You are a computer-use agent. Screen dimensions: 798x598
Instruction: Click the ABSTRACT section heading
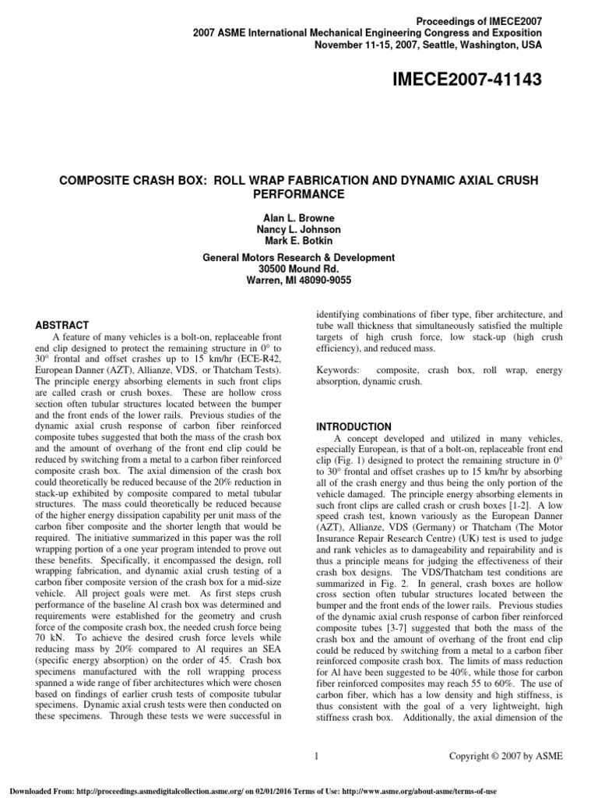[64, 325]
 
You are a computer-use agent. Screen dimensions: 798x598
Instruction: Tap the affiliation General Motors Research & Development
[299, 257]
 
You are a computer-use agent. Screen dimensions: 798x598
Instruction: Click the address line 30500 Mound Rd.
[299, 268]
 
